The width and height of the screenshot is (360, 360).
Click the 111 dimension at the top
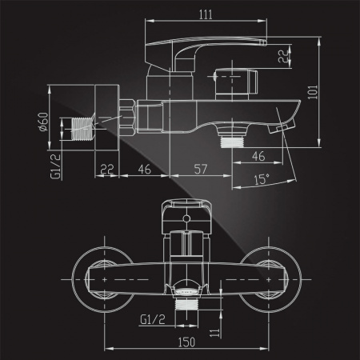pos(206,14)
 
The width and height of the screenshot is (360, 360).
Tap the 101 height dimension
pos(313,92)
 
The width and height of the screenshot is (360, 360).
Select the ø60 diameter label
pos(43,122)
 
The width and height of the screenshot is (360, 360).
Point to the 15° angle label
pos(262,179)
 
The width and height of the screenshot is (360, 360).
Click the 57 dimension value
pos(201,170)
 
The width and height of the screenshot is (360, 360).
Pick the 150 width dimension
pos(186,342)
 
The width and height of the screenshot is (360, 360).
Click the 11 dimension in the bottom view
pos(215,333)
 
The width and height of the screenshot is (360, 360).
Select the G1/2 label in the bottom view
pos(153,319)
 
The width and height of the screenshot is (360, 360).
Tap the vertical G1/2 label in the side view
pos(55,166)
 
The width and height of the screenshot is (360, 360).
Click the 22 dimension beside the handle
pos(284,56)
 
